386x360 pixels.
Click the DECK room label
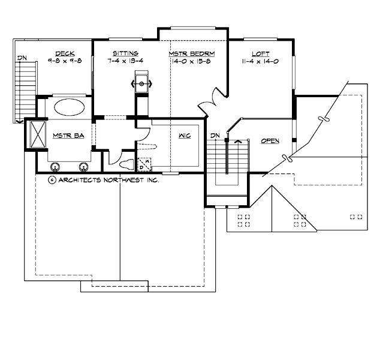64,53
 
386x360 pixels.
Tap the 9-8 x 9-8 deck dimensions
64,61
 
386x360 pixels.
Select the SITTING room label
125,53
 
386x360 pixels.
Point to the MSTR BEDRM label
192,53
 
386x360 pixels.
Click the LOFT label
261,53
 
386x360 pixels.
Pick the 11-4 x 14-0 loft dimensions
261,61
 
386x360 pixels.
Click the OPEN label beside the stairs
270,141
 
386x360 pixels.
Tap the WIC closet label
185,136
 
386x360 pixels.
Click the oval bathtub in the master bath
71,109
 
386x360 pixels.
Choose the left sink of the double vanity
56,167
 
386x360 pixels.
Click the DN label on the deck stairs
22,58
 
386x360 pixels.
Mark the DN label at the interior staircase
216,135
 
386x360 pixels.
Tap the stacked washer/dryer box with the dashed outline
144,164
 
